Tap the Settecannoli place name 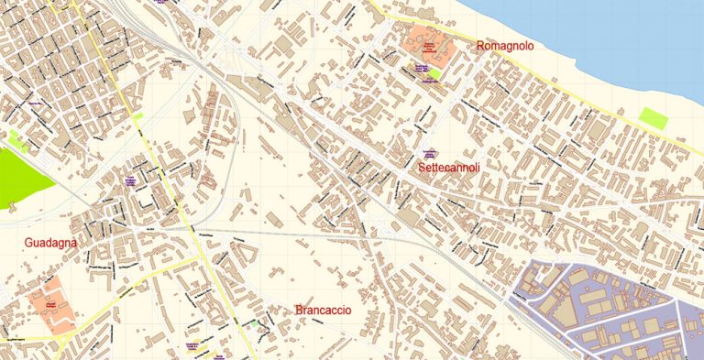pos(448,169)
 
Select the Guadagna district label pos(51,242)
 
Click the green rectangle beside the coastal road pos(653,117)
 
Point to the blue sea pos(623,37)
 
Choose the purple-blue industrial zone pos(605,302)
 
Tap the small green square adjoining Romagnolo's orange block pos(435,73)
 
